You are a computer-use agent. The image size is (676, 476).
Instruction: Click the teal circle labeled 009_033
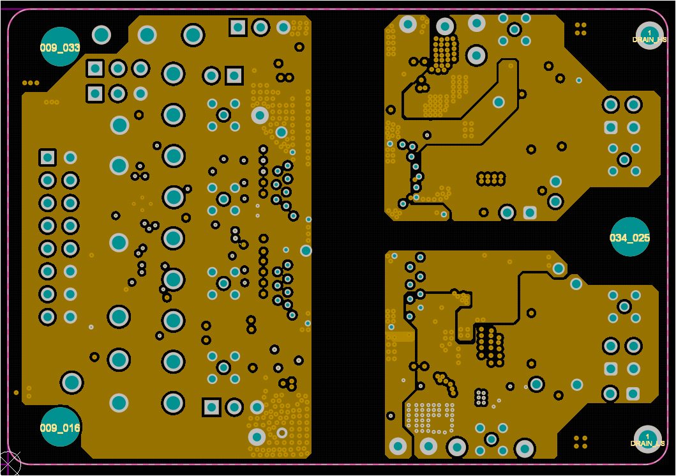pos(61,47)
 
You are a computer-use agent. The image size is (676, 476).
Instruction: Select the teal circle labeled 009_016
pos(61,427)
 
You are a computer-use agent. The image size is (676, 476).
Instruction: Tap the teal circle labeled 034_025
pos(630,237)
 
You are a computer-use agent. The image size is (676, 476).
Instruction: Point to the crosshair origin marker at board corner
pos(9,463)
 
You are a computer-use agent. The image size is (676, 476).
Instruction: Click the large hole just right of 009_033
pos(101,35)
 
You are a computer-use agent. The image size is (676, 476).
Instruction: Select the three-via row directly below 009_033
pos(31,82)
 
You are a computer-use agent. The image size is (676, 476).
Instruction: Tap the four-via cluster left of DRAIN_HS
pos(580,29)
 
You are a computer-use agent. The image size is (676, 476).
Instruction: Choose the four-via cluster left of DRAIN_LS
pos(580,441)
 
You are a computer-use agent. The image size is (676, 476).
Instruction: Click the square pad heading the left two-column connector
pos(47,157)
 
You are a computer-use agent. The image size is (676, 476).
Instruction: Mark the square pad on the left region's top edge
pos(238,27)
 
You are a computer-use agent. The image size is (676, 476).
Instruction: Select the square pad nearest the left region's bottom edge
pos(211,407)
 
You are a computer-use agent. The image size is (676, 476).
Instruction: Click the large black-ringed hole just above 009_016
pos(71,383)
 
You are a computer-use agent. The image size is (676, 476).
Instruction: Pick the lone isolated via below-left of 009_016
pos(16,392)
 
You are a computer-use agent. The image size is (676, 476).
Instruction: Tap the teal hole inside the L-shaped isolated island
pos(499,102)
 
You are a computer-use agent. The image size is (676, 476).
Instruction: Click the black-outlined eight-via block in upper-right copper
pos(492,178)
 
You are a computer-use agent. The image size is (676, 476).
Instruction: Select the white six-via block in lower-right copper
pos(481,397)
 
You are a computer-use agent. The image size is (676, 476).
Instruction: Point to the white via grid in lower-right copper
pos(430,416)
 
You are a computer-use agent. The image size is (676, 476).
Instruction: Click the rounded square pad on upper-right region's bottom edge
pos(530,212)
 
